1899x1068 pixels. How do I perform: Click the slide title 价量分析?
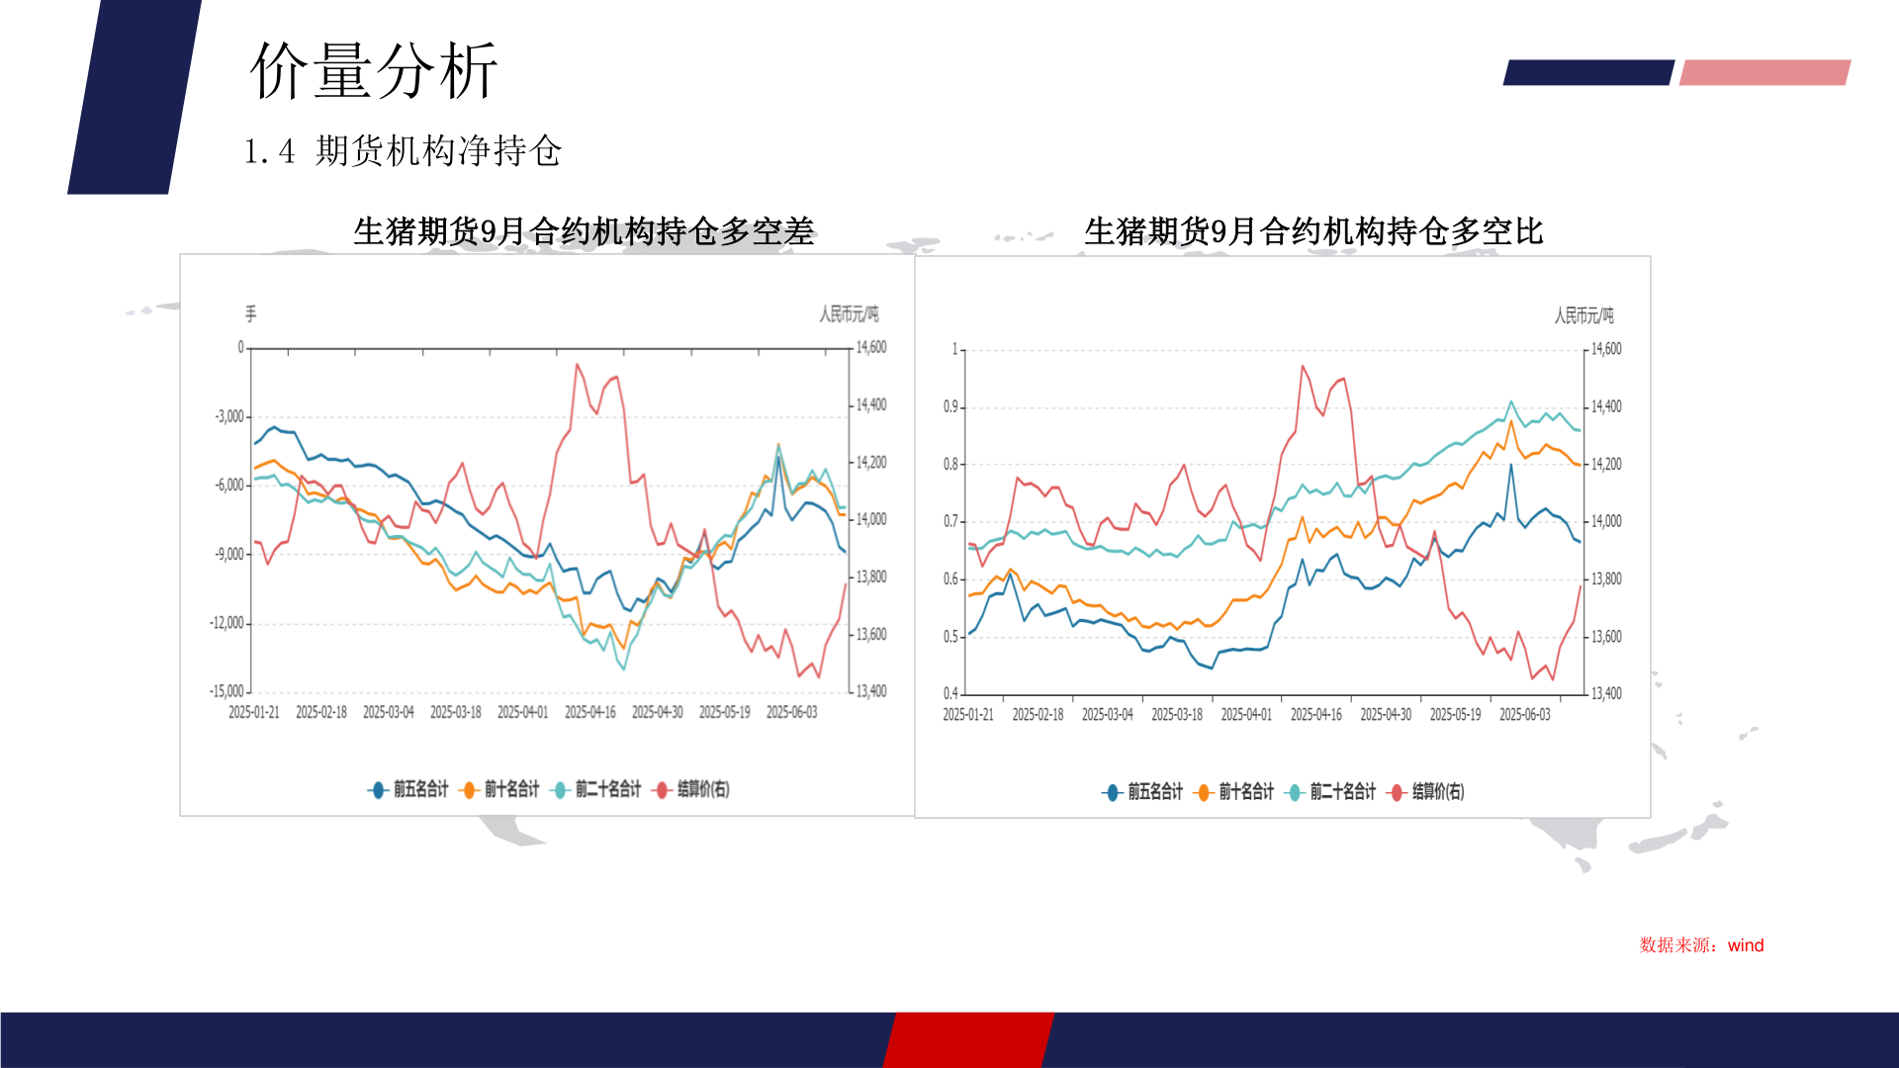tap(373, 71)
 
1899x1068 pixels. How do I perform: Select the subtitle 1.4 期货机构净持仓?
tap(403, 151)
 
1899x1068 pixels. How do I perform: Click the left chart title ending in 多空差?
tap(584, 231)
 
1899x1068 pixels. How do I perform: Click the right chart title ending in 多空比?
tap(1313, 231)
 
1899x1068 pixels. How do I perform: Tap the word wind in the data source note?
tap(1746, 945)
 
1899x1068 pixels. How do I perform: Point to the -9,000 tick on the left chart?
tap(229, 554)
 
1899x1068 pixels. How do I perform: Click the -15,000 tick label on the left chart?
tap(226, 691)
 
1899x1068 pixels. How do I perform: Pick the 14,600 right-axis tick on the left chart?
tap(871, 348)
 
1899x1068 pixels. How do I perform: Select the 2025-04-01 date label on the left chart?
tap(522, 712)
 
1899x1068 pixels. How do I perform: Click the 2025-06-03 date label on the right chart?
tap(1524, 714)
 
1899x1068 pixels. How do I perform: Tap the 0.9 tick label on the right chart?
tap(950, 406)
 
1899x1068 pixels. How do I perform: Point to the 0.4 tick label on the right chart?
tap(949, 693)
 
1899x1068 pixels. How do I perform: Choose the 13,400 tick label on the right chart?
tap(1606, 693)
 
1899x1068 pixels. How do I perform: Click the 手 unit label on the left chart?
tap(250, 313)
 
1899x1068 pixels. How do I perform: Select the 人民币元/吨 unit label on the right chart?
tap(1583, 315)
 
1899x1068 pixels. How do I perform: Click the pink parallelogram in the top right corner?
tap(1764, 72)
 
